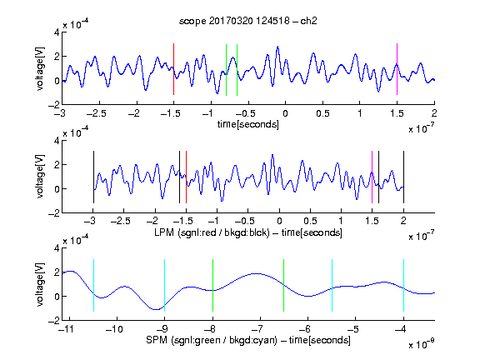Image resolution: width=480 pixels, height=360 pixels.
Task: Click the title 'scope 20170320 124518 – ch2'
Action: [x=248, y=21]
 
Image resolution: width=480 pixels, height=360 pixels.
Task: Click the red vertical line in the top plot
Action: [x=173, y=69]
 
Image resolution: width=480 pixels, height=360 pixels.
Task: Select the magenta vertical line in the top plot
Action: [x=397, y=69]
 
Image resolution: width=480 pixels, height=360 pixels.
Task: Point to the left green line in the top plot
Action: [x=226, y=70]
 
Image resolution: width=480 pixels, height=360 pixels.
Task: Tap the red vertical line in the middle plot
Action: [x=186, y=177]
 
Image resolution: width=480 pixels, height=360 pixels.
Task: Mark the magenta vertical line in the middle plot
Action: [x=372, y=177]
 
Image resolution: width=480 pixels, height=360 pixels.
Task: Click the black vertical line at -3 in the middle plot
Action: [x=93, y=177]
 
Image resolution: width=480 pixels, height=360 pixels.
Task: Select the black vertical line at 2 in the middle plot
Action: [x=403, y=177]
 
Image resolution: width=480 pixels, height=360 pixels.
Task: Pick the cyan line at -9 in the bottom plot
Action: [x=165, y=285]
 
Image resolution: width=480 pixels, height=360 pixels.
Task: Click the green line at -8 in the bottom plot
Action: [x=212, y=285]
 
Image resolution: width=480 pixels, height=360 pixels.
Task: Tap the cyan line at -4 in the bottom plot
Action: [x=403, y=285]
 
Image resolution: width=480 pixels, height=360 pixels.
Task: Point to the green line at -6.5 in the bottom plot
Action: [x=284, y=285]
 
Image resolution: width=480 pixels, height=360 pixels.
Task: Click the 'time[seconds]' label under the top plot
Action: [x=248, y=124]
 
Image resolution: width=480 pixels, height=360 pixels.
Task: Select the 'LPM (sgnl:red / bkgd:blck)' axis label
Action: [x=212, y=232]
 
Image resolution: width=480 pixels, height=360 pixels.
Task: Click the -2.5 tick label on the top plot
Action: [x=96, y=113]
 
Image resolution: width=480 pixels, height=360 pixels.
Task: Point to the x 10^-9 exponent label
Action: [x=422, y=344]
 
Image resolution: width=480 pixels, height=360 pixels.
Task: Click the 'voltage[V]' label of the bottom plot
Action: [x=40, y=284]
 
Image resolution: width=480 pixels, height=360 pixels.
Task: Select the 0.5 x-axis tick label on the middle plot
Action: [x=310, y=221]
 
